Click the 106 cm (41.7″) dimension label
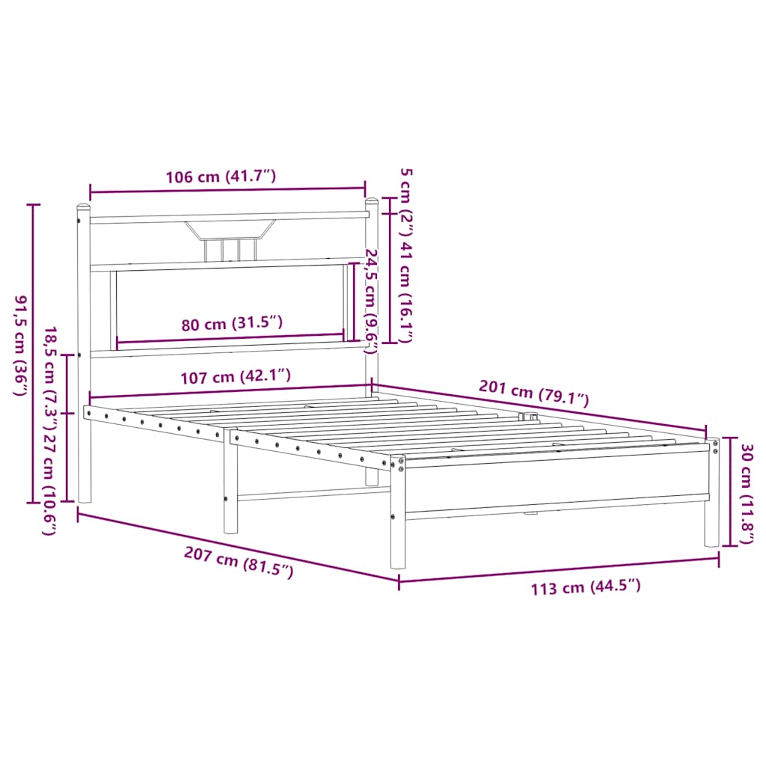(221, 178)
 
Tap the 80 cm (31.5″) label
(233, 324)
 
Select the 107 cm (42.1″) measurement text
(236, 376)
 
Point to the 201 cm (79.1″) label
(534, 393)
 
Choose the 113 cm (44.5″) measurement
(586, 587)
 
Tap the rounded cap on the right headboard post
(371, 201)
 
